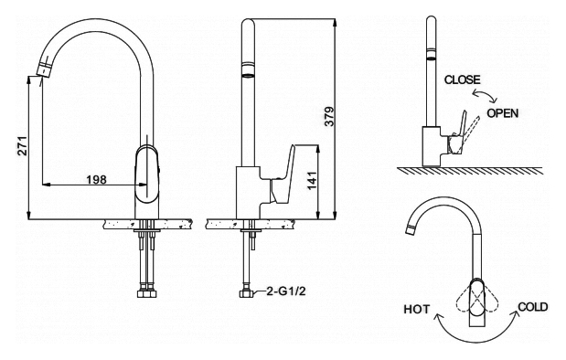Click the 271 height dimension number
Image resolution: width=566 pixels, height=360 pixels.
click(x=22, y=145)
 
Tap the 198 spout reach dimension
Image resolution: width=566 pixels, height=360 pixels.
click(x=96, y=179)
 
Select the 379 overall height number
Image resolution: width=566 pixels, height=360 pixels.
click(x=329, y=116)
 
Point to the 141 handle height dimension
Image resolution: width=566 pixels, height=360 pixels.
click(x=312, y=180)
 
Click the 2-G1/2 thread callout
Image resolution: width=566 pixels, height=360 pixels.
click(x=286, y=291)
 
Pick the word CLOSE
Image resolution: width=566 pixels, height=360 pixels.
click(x=463, y=79)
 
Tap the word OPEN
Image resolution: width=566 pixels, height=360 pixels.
click(x=503, y=113)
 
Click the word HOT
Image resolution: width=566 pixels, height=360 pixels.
click(x=417, y=309)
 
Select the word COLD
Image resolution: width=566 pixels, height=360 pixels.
click(x=533, y=307)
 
